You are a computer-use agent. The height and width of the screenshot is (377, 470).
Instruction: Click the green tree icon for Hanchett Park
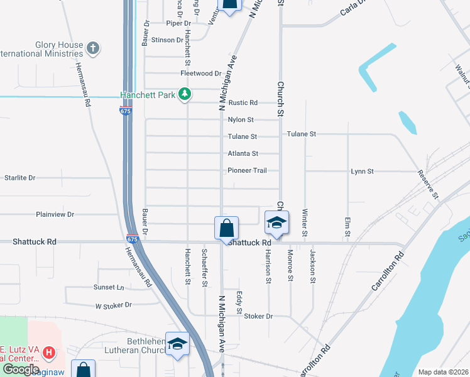pos(184,95)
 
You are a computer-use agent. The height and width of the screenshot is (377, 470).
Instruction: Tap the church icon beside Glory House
pos(93,48)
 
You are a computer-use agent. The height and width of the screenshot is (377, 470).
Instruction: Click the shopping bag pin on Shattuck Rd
pos(226,227)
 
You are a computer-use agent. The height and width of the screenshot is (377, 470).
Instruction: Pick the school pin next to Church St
pos(276,222)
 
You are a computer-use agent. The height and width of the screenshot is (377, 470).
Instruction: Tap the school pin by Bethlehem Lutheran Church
pos(177,343)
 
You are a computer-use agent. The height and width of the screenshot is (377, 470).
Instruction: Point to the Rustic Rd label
pos(243,102)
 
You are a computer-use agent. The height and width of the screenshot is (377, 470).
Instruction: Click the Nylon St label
pos(241,119)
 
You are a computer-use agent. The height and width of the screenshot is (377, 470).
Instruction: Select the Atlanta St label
pos(243,153)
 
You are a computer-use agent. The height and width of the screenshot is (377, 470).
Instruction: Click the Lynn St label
pos(362,171)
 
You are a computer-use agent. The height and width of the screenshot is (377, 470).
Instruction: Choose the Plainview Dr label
pos(55,214)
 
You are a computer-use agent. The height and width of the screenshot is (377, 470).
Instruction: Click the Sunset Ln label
pos(109,287)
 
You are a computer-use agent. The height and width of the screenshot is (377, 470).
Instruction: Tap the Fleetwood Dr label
pos(201,74)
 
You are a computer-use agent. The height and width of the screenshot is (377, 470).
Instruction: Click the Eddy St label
pos(239,302)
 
